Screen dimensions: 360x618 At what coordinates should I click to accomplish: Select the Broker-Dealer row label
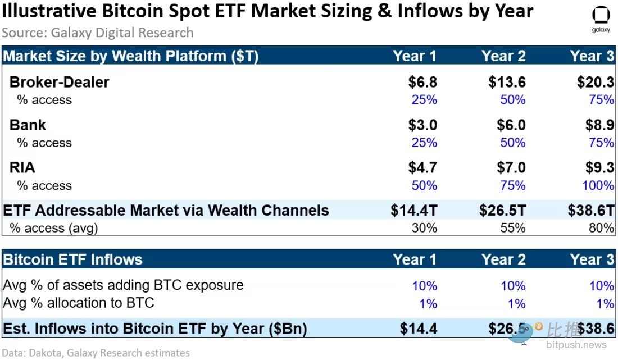point(59,82)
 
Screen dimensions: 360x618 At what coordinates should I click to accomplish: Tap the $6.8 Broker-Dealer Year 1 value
point(422,82)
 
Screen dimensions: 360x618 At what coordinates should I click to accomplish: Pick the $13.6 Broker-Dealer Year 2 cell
point(507,82)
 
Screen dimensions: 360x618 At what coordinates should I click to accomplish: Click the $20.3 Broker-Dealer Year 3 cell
point(596,82)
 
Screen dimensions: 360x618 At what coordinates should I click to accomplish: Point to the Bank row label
point(28,125)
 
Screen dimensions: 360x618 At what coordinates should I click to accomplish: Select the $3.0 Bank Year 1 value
point(422,125)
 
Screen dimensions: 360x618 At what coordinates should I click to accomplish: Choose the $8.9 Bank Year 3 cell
point(599,125)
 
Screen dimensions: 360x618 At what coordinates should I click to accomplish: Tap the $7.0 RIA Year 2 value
point(511,167)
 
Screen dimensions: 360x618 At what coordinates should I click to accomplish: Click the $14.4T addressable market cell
point(414,211)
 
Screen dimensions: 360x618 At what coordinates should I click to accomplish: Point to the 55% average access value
point(512,227)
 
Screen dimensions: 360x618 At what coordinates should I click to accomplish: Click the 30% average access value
point(424,227)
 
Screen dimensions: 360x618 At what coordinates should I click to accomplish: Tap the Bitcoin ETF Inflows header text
point(72,259)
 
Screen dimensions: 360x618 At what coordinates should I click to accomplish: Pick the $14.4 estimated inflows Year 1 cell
point(419,329)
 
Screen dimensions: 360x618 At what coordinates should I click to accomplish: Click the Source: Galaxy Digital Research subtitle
point(97,33)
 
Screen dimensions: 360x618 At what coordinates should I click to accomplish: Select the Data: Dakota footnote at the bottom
point(96,353)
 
